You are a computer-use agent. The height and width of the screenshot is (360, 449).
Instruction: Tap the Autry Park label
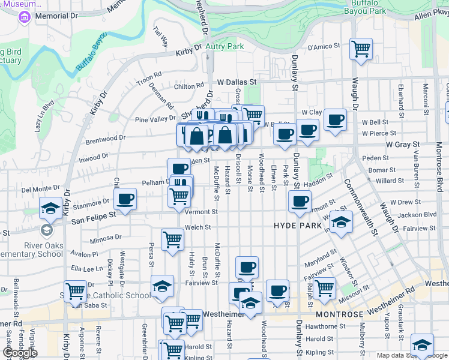click(x=224, y=46)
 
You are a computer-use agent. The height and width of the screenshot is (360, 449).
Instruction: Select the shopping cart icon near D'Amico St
click(x=361, y=49)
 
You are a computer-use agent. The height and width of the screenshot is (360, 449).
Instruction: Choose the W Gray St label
click(x=402, y=145)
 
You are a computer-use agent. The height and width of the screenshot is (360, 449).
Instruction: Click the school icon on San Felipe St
click(x=50, y=208)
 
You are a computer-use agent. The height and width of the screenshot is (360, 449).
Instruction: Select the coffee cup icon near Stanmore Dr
click(x=125, y=199)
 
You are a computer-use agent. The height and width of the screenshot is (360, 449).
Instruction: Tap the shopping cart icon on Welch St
click(x=173, y=239)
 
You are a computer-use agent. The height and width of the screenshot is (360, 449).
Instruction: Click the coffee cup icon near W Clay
click(x=335, y=119)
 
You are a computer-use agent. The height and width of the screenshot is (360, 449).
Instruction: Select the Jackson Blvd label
click(x=417, y=215)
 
